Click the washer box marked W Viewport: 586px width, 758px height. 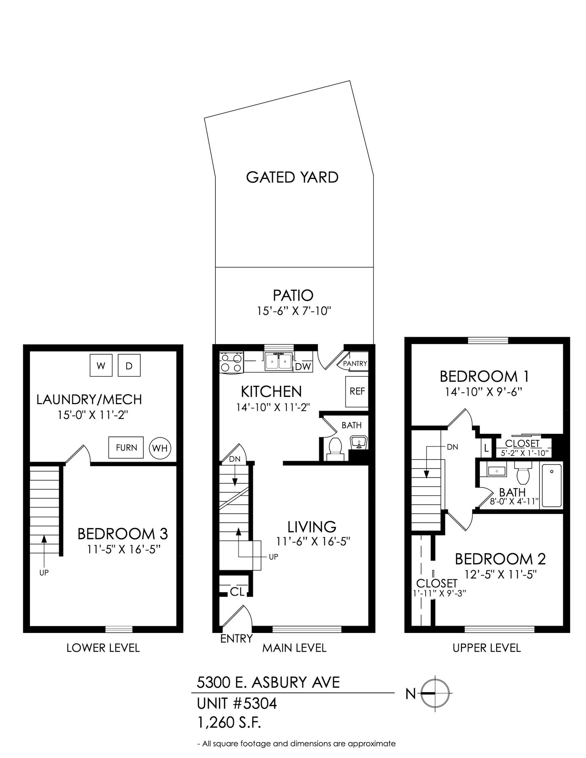[101, 365]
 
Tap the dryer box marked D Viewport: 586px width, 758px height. [129, 365]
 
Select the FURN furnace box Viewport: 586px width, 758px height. [126, 447]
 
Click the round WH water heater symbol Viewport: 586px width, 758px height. [160, 448]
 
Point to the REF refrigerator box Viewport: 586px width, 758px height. [357, 391]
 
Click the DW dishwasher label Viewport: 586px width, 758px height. [303, 367]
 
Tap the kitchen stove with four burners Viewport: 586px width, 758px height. [231, 362]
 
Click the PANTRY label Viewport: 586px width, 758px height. [355, 363]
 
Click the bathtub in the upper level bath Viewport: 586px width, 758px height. [552, 485]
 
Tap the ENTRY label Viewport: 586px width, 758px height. [236, 638]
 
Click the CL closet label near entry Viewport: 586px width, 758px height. [237, 592]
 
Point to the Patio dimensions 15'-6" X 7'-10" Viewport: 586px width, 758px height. [294, 311]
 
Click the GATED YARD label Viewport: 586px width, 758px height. [292, 177]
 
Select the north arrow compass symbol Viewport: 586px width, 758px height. [438, 692]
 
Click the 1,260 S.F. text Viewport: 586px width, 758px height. [230, 722]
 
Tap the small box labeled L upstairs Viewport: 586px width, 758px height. [486, 449]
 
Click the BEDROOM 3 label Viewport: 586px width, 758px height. [123, 534]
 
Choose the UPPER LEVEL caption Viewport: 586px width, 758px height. [486, 648]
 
